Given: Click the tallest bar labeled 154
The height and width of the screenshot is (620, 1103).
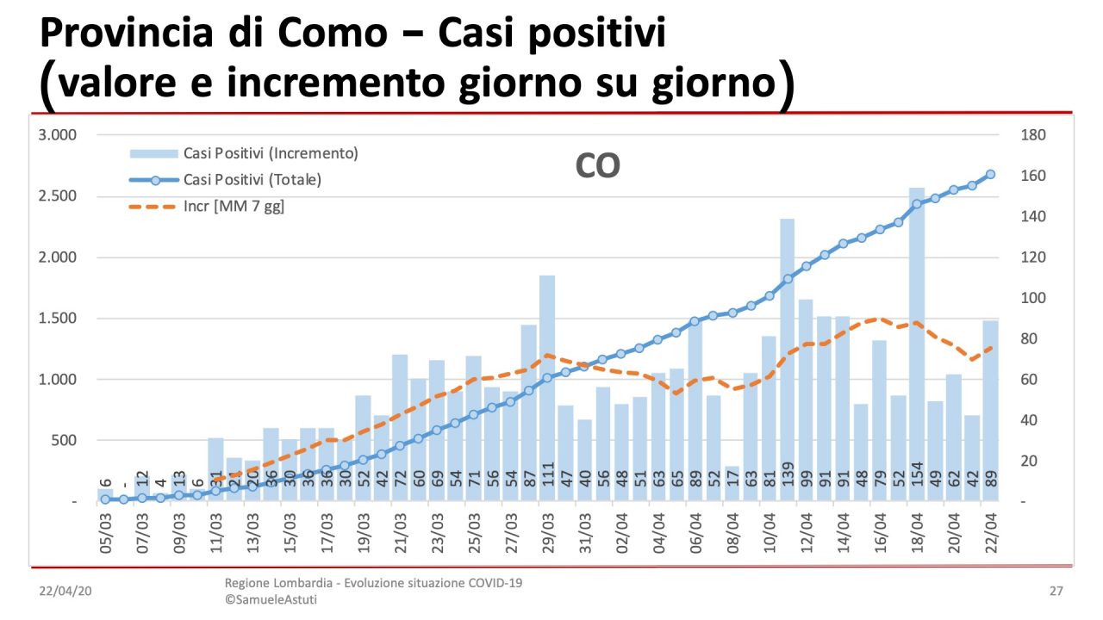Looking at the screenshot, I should [x=917, y=344].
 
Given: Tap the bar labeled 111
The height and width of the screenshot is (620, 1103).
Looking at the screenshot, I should [x=547, y=387].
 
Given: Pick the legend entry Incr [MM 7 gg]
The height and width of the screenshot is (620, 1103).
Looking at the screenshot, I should [x=234, y=207].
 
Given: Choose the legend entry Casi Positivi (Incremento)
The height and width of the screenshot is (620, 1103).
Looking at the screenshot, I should [x=270, y=153].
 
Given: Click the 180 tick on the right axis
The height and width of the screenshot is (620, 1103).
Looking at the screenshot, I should [x=1033, y=135].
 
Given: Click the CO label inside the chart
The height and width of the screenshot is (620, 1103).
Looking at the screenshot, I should [x=597, y=166].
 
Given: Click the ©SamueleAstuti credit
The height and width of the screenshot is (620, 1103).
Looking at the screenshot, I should [x=271, y=599].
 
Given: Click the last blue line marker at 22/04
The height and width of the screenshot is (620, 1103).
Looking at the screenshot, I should [x=990, y=174].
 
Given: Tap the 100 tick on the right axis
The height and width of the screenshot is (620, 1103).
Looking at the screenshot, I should [x=1033, y=299].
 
